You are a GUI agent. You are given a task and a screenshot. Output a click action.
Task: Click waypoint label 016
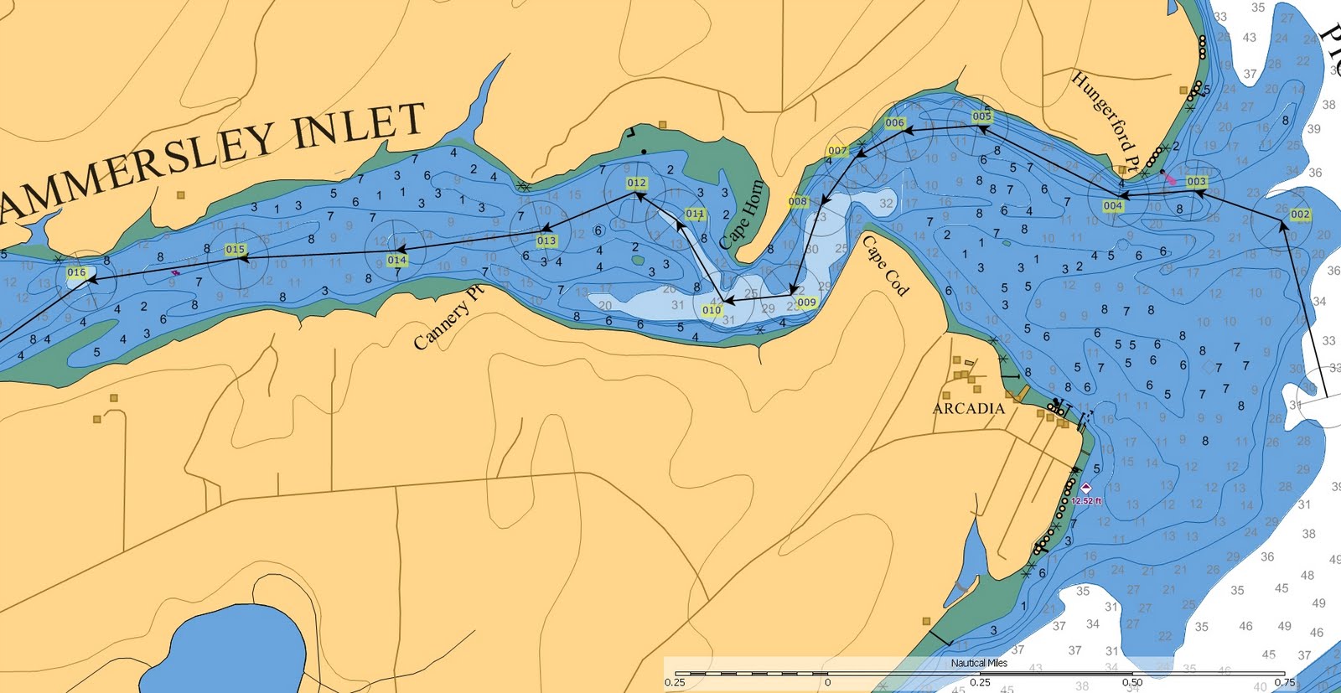(x=76, y=272)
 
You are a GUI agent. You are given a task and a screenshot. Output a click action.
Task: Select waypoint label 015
(x=236, y=250)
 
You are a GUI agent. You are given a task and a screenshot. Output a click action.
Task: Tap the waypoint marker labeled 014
(x=397, y=261)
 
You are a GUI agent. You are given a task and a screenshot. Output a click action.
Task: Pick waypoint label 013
(x=546, y=241)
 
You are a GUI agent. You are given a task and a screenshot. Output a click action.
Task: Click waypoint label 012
(x=637, y=183)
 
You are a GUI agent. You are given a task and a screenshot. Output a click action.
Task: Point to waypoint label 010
(x=712, y=310)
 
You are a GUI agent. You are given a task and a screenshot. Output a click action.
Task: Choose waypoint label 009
(x=806, y=303)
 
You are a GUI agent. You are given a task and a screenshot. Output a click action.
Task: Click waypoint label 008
(x=798, y=202)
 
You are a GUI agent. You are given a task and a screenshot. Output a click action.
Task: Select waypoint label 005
(x=982, y=116)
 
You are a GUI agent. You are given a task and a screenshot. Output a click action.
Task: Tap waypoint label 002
(x=1300, y=215)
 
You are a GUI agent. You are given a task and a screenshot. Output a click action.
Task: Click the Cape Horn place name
(x=742, y=215)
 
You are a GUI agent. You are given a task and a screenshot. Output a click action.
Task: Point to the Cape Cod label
(x=886, y=266)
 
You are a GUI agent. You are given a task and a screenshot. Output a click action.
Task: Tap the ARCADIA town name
(x=968, y=409)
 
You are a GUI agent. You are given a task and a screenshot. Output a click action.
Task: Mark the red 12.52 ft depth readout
(x=1086, y=501)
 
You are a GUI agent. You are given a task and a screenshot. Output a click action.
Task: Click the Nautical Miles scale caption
(x=979, y=663)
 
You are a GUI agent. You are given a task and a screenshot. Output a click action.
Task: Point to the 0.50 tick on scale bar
(x=1132, y=682)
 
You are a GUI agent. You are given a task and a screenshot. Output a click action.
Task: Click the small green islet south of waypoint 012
(x=638, y=260)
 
